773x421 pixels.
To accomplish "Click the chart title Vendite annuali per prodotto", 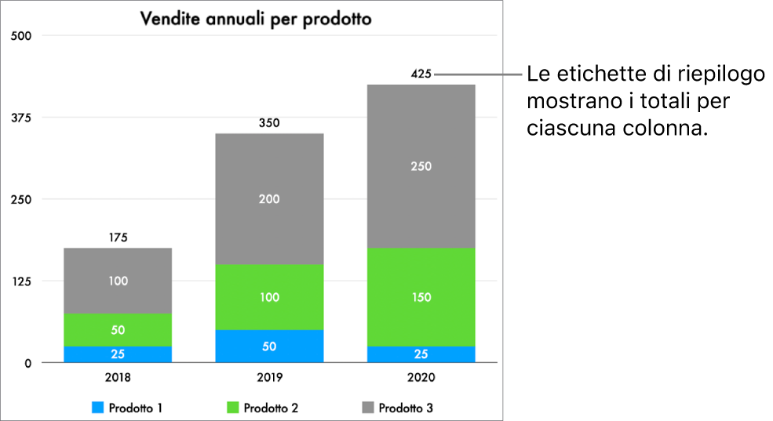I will click(x=255, y=19).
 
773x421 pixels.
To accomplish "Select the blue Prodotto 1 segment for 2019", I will click(x=269, y=347).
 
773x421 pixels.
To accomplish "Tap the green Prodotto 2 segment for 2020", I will click(x=421, y=297).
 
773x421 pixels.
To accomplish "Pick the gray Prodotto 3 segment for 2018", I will click(x=118, y=281).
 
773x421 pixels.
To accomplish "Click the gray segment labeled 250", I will click(x=421, y=166).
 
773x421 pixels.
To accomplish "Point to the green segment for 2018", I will click(x=118, y=330).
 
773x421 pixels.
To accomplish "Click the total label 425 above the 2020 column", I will click(x=421, y=74).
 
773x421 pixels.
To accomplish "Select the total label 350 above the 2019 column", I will click(x=269, y=123).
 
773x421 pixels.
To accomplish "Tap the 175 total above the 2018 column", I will click(x=118, y=238).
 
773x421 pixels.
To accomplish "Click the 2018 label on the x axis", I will click(x=118, y=377).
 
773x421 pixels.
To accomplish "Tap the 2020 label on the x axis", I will click(x=421, y=377).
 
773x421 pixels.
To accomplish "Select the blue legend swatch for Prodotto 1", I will click(x=98, y=408).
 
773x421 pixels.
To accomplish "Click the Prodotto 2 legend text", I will click(x=271, y=408).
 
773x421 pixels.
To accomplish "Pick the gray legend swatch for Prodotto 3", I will click(x=367, y=408).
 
